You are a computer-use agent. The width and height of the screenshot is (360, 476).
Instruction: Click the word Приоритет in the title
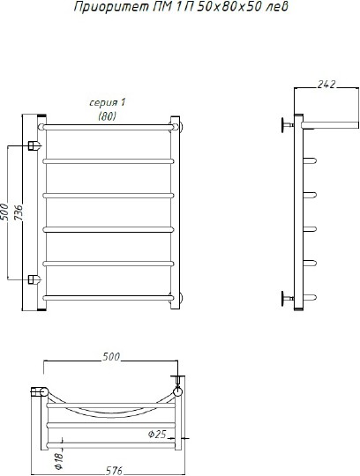(111, 7)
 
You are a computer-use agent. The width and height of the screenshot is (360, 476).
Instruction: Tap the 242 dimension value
(326, 85)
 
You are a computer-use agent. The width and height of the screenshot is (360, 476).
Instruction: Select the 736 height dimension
(19, 212)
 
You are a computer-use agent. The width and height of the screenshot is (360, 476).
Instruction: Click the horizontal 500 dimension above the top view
(111, 357)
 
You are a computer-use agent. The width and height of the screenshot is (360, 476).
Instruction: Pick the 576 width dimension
(114, 471)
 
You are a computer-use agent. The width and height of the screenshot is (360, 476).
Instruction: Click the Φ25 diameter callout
(157, 435)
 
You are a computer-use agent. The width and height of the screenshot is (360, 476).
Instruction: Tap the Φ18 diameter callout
(58, 459)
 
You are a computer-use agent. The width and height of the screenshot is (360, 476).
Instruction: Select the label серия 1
(108, 102)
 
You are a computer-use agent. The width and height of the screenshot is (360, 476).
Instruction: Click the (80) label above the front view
(108, 116)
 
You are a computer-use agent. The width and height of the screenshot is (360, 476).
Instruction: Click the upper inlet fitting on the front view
(34, 145)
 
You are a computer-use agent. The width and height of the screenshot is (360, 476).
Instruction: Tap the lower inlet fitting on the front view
(34, 279)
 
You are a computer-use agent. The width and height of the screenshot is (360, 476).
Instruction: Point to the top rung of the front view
(108, 127)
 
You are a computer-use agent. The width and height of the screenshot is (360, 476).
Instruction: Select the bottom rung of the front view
(109, 298)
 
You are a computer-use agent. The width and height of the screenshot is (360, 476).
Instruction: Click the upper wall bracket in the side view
(287, 125)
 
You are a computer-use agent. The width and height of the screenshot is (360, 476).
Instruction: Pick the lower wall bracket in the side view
(287, 298)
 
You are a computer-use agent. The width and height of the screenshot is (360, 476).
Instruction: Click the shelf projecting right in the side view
(330, 125)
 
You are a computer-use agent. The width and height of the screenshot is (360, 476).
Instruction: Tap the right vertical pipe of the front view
(176, 212)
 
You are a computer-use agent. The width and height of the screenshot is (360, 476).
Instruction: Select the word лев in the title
(277, 7)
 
